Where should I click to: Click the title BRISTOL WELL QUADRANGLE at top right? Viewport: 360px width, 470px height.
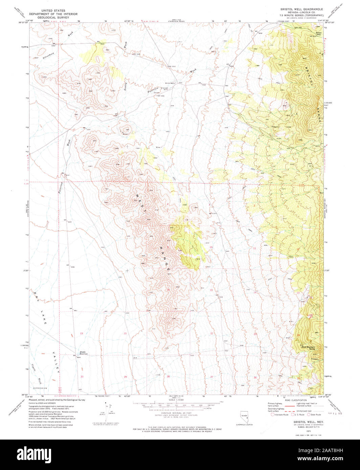point(301,9)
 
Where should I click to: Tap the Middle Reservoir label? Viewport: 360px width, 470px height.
point(84,353)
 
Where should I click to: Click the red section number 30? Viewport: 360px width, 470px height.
point(82,376)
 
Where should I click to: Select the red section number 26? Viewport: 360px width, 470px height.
point(255,377)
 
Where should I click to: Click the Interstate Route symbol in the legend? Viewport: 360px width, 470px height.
point(273,414)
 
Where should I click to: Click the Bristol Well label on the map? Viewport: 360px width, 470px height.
point(170,83)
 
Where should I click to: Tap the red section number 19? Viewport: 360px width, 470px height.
point(81,333)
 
